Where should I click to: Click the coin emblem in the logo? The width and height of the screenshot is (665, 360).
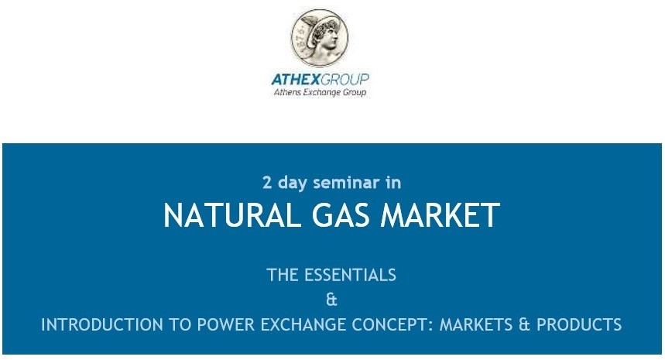320,38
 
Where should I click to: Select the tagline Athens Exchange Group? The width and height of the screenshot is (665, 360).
319,93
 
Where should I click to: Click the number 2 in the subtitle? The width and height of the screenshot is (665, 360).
267,183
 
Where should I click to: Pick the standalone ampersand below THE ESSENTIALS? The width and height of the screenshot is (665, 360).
332,300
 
